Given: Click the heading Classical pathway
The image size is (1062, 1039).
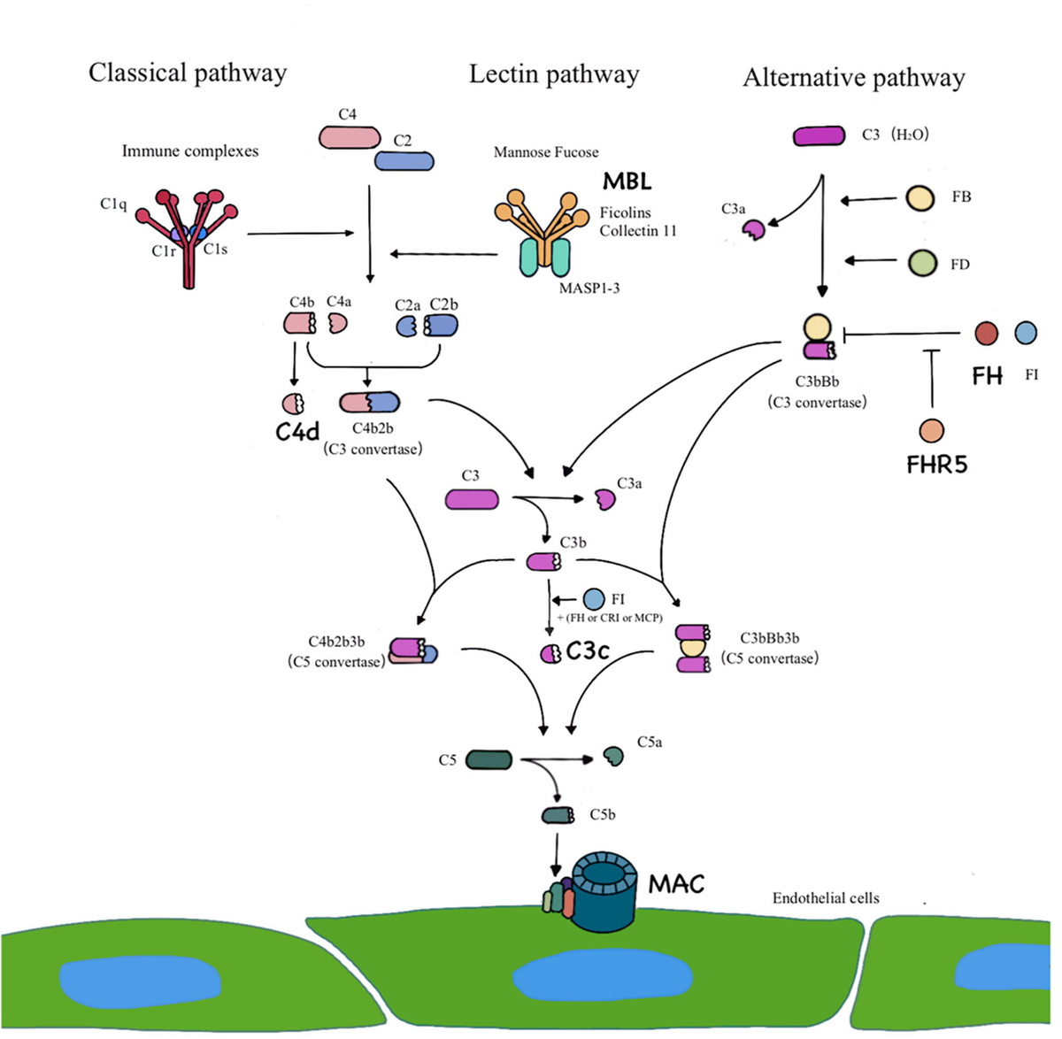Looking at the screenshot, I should click(x=188, y=73).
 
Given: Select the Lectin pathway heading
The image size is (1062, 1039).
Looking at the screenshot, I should click(x=553, y=74).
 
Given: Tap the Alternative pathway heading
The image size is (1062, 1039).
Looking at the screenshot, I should click(x=853, y=78).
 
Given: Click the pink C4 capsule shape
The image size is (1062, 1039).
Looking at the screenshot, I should click(x=350, y=137).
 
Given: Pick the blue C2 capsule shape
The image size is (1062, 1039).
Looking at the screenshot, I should click(x=404, y=160).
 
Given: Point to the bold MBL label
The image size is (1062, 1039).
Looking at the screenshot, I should click(x=627, y=181).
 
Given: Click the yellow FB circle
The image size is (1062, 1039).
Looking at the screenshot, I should click(x=920, y=197).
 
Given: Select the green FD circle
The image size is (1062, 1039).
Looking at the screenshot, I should click(x=922, y=263).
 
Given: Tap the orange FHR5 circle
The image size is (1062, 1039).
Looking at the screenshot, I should click(x=931, y=431).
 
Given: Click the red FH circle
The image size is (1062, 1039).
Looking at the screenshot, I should click(x=986, y=334).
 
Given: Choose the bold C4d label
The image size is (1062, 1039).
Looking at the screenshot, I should click(x=296, y=432).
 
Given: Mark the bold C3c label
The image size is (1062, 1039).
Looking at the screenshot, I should click(x=588, y=651).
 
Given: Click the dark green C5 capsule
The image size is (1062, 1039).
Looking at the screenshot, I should click(x=489, y=759).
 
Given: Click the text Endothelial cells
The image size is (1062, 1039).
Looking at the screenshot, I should click(x=826, y=898).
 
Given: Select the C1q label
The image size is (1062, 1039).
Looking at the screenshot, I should click(x=113, y=204).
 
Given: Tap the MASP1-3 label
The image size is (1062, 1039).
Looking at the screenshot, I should click(x=589, y=288).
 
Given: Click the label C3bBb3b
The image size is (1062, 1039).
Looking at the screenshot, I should click(x=769, y=638).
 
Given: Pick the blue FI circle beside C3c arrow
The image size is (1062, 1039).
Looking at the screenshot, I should click(x=594, y=599).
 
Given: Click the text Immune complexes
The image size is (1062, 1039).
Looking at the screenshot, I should click(x=190, y=151).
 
